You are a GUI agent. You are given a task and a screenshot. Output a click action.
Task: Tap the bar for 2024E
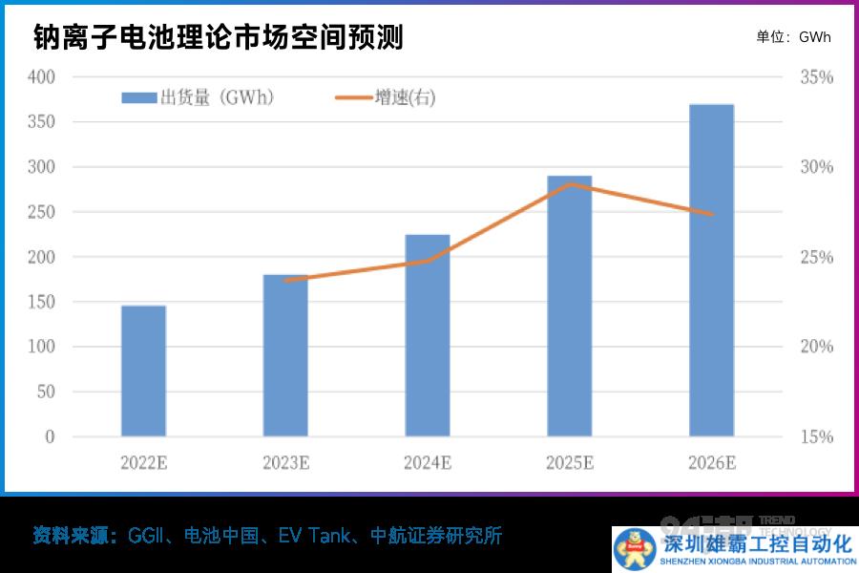tap(428, 335)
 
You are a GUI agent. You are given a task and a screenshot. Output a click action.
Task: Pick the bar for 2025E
tap(569, 306)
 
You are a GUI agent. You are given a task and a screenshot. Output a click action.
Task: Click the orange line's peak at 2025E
tap(570, 183)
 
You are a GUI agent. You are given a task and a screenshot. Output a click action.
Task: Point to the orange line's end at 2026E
tap(711, 214)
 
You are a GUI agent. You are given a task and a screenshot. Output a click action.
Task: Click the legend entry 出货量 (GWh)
tap(199, 97)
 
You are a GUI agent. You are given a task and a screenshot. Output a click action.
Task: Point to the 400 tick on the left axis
tap(42, 76)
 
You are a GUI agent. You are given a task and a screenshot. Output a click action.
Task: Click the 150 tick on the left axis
tap(42, 302)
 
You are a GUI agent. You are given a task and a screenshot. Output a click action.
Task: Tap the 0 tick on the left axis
tap(51, 436)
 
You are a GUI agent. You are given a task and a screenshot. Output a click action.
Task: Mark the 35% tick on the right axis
tap(816, 76)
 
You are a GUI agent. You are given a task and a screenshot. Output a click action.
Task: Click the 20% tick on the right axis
tap(816, 347)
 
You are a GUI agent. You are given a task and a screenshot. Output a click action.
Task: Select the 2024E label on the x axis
tap(428, 463)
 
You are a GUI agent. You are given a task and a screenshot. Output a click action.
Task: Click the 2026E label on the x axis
tap(711, 463)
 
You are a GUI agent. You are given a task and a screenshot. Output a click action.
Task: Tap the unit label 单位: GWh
tap(793, 37)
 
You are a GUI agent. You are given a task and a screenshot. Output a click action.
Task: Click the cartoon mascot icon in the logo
tap(634, 548)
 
